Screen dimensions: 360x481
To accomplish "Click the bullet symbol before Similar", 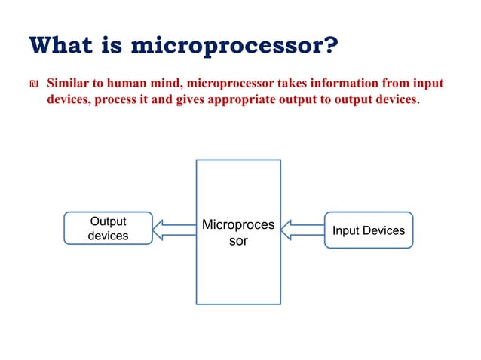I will click(32, 84).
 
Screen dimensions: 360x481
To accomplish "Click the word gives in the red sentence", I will click(179, 100).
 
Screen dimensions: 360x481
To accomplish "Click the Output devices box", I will click(108, 229).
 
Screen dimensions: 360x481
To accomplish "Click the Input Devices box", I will click(369, 230).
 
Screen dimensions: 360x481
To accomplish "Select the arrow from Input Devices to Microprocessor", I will click(302, 230).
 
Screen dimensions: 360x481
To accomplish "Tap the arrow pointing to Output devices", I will click(174, 230).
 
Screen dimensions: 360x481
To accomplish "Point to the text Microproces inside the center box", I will click(238, 225).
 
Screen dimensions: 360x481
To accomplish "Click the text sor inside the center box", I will click(238, 242).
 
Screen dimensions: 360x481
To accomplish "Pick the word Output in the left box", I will click(108, 221).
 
